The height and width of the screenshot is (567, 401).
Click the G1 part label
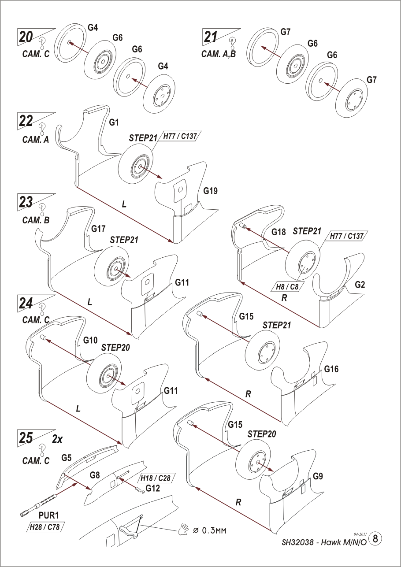[x=114, y=123]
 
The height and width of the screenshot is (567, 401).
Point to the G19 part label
[x=210, y=191]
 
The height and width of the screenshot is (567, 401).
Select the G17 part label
[x=98, y=229]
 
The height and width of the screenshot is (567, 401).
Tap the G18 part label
[x=278, y=232]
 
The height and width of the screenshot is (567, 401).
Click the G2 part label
[x=360, y=285]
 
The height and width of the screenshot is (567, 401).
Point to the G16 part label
[x=331, y=369]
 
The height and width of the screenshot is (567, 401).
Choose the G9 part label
[x=319, y=476]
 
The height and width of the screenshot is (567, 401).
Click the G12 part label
[x=152, y=488]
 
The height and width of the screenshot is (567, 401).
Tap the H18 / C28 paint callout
[x=155, y=478]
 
